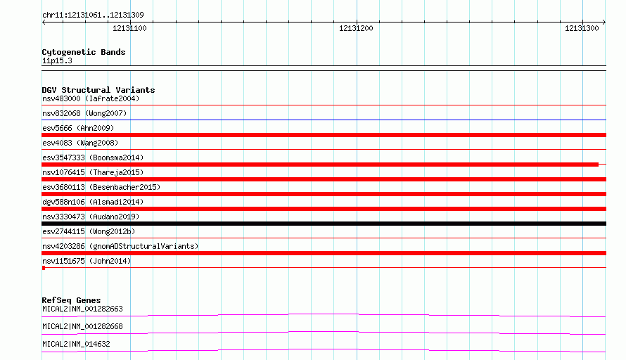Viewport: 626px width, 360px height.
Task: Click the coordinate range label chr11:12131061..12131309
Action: tap(93, 15)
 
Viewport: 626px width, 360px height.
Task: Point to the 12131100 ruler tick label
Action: tap(129, 28)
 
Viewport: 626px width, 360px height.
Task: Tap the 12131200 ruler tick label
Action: tap(356, 28)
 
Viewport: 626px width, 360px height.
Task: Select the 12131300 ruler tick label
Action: tap(582, 28)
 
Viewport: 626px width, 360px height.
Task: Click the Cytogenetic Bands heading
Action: tap(84, 52)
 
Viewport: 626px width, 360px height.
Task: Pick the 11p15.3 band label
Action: tap(57, 60)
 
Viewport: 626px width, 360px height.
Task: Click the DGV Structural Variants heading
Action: tap(98, 90)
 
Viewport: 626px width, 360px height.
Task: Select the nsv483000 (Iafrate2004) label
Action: tap(91, 98)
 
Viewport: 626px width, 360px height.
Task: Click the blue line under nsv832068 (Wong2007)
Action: tap(324, 120)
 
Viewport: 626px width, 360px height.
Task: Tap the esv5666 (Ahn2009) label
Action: tap(78, 128)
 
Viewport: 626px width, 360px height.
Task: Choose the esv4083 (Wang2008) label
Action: tap(80, 143)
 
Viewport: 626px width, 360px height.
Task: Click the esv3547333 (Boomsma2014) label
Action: tap(93, 157)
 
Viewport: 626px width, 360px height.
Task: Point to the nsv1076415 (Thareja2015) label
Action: tap(93, 172)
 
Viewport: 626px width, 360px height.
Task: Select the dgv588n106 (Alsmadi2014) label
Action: tap(93, 202)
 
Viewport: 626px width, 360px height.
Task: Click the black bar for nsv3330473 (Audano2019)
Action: tap(324, 224)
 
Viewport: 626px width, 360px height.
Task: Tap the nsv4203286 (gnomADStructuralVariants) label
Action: tap(120, 246)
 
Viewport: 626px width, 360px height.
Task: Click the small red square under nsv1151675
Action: tap(44, 268)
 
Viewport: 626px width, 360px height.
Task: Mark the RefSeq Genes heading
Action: tap(72, 300)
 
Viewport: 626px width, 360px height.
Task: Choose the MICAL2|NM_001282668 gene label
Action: tap(82, 326)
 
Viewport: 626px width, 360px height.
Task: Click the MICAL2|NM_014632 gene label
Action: tap(76, 344)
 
